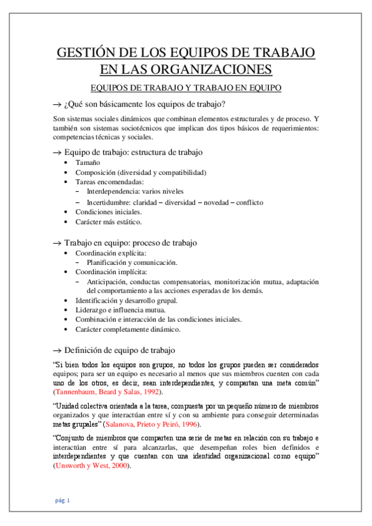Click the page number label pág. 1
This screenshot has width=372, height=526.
click(x=63, y=500)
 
